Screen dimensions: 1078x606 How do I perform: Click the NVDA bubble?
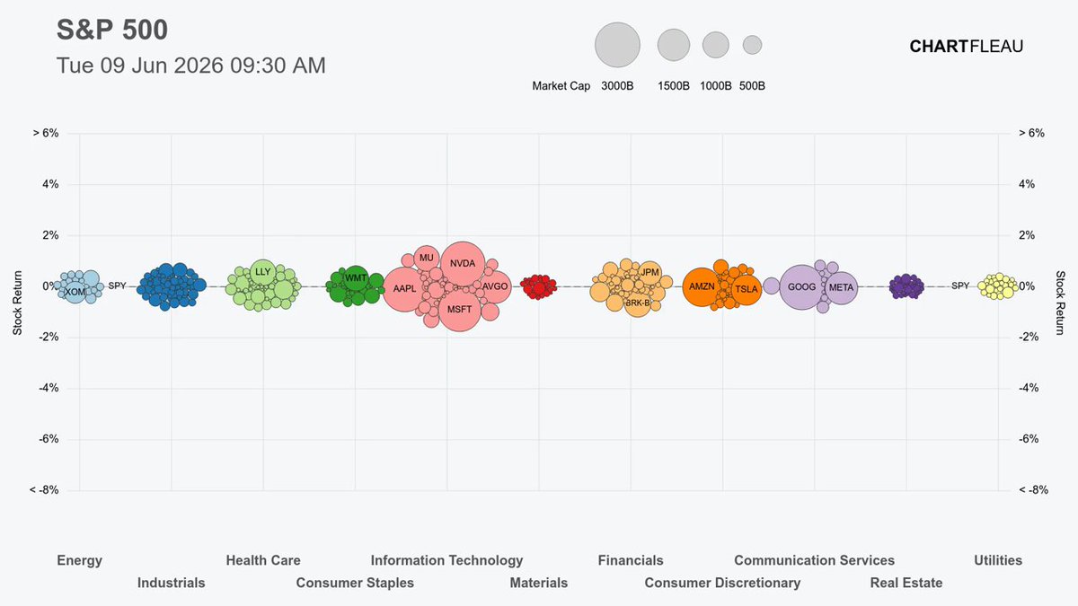(463, 264)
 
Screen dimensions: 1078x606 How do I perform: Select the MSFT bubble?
(460, 309)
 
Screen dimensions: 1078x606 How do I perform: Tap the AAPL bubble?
(405, 289)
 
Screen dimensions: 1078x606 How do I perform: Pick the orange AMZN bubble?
(702, 286)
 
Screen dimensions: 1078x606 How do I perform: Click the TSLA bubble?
(747, 289)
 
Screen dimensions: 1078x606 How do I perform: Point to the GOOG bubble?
(801, 287)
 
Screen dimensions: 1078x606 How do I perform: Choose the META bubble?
(841, 287)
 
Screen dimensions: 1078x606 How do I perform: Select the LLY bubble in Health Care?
(262, 272)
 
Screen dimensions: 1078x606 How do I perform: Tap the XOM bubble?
(75, 292)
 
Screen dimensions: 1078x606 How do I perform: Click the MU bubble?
(427, 258)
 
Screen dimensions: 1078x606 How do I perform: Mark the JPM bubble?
(649, 273)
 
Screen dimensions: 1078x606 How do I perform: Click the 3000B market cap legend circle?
(617, 45)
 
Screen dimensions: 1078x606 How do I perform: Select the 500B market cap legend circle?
(752, 45)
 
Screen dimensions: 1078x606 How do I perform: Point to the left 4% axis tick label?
(50, 184)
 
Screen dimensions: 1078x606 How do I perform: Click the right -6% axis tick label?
(1029, 439)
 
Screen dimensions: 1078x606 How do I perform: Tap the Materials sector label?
(538, 583)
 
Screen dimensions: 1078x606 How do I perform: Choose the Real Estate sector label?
(906, 583)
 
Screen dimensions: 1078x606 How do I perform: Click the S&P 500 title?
(112, 30)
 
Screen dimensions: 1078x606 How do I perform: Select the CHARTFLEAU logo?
(967, 46)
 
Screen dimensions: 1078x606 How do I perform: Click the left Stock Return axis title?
(18, 303)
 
